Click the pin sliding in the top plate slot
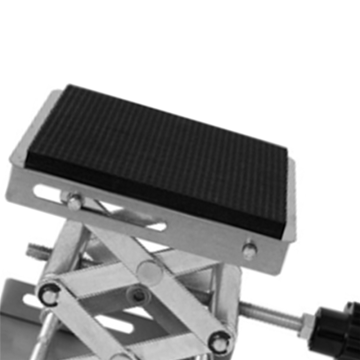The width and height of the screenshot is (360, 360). (74, 201)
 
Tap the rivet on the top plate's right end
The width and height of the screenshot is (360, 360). (249, 250)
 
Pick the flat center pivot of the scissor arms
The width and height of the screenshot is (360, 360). (150, 273)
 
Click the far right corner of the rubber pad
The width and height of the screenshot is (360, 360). (287, 150)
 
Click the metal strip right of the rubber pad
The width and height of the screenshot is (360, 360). (292, 200)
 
